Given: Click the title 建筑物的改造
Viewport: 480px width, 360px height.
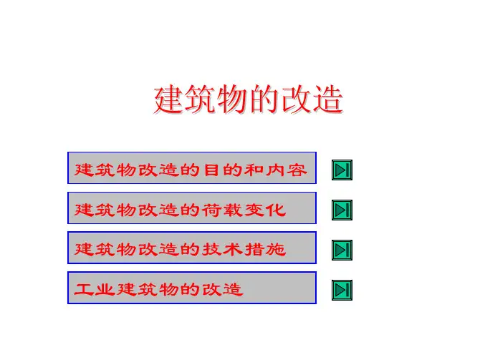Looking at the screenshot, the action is (248, 99).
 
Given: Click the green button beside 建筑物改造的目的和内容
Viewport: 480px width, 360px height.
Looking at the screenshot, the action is (342, 170).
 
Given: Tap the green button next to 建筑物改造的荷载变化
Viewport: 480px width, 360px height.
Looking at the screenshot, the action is (342, 210).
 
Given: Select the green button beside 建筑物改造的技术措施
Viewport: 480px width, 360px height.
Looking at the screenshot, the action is (342, 250).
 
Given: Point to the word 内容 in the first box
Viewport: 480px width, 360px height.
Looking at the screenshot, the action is (287, 170).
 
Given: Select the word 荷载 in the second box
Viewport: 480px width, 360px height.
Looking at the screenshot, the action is (222, 210).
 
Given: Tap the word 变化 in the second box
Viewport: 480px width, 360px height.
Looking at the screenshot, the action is (265, 210).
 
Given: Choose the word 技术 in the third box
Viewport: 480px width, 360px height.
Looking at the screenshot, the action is (222, 250).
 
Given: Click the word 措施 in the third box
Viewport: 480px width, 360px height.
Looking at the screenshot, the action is (265, 250).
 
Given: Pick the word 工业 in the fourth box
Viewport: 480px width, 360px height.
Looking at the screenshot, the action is (95, 289).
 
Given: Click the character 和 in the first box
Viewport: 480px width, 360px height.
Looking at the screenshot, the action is (254, 170).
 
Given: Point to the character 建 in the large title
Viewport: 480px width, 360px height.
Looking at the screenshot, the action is (169, 99).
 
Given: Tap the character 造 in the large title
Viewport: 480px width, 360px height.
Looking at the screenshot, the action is (327, 99).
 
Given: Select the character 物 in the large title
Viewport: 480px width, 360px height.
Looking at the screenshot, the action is (232, 99).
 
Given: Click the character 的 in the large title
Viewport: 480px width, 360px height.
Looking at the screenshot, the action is (264, 99).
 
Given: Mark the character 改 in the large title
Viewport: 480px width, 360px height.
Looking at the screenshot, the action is (295, 99).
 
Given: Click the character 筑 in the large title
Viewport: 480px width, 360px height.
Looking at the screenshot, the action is (201, 99).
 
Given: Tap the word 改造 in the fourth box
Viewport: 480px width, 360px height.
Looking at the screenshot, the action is (223, 289).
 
